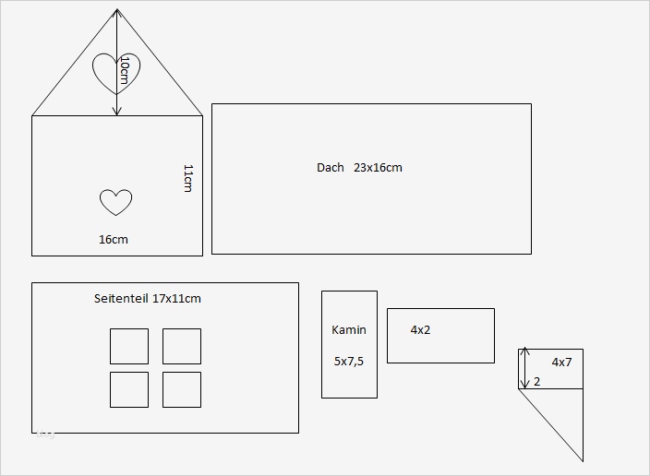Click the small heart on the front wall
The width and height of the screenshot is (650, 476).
tap(115, 201)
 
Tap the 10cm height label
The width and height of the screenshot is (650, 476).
tap(125, 71)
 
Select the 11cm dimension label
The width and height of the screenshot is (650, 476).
tap(187, 178)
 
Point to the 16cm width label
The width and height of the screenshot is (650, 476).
tap(114, 240)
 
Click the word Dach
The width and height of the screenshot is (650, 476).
tap(330, 168)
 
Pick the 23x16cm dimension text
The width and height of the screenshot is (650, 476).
tap(378, 168)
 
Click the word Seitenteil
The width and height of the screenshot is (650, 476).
tap(122, 299)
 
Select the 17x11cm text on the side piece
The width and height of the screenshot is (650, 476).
tap(177, 299)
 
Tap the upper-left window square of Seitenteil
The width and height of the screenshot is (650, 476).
tap(129, 346)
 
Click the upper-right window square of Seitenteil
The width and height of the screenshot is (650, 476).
tap(182, 346)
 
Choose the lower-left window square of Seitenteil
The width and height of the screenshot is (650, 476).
tap(129, 389)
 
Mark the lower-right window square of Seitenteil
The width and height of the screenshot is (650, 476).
tap(182, 389)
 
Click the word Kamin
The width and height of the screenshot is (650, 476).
tap(349, 330)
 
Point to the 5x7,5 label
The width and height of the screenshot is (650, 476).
tap(349, 362)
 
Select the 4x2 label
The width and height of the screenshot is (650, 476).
tap(420, 330)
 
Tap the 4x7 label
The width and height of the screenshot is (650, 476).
tap(561, 363)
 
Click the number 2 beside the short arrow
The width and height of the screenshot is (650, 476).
tap(537, 381)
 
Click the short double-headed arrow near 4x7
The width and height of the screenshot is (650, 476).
tap(524, 368)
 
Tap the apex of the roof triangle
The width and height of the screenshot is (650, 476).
tap(117, 10)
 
